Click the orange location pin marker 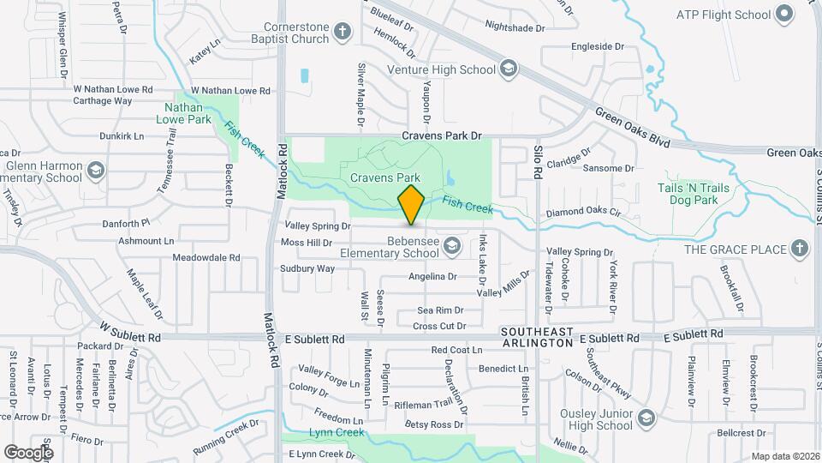(x=411, y=204)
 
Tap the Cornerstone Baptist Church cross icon (x=342, y=33)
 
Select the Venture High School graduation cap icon (x=508, y=69)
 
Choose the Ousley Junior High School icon (x=647, y=419)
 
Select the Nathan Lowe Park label (x=183, y=114)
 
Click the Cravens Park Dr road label (x=443, y=135)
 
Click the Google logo (x=28, y=452)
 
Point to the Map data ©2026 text (x=785, y=456)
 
